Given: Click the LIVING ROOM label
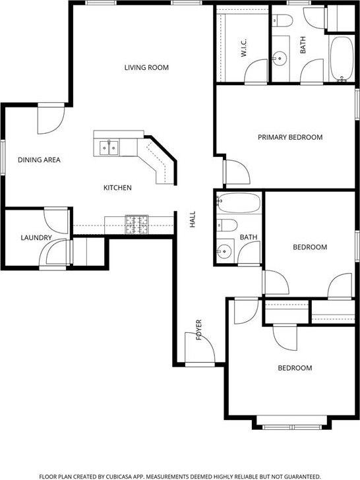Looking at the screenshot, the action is [146, 67].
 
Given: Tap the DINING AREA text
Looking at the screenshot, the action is [39, 160].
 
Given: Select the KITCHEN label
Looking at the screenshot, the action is [117, 188].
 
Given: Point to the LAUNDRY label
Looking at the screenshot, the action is [36, 237].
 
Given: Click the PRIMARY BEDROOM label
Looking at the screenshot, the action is [290, 137].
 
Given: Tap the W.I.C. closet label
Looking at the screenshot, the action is [244, 47].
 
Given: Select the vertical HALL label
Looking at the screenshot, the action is [193, 219].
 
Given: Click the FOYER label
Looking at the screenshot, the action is [198, 330].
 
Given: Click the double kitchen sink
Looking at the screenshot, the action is [109, 148].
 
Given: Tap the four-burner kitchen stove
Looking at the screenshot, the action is [136, 224].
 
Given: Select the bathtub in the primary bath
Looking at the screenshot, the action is [342, 59].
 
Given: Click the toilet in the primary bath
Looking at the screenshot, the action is [283, 20].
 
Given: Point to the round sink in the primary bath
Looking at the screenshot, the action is [280, 59].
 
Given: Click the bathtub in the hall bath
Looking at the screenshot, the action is [239, 202].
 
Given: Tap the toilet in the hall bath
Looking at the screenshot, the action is [227, 225].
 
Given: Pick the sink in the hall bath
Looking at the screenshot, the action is [224, 251].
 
